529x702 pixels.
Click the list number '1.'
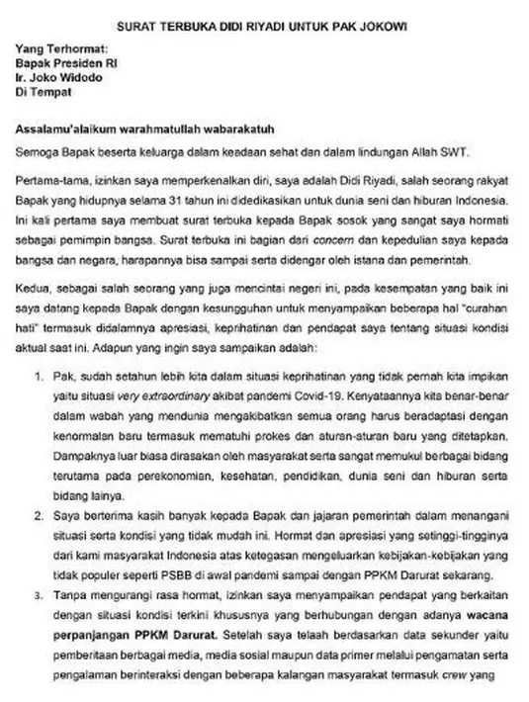tap(39, 377)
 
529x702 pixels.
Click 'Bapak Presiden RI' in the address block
tap(67, 62)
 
